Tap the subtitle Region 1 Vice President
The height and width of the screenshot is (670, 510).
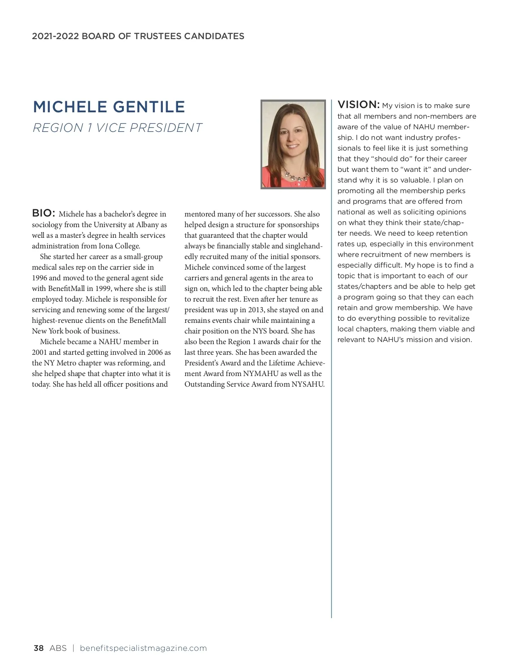[117, 128]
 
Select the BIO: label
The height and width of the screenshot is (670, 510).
[43, 213]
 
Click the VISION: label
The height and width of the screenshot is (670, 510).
[358, 105]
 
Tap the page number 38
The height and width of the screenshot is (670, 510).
[38, 648]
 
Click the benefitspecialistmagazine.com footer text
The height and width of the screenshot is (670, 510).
[143, 648]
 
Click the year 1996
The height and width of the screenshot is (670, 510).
[40, 278]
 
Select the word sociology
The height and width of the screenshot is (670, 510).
[47, 225]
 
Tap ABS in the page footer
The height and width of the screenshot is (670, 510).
[58, 648]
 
